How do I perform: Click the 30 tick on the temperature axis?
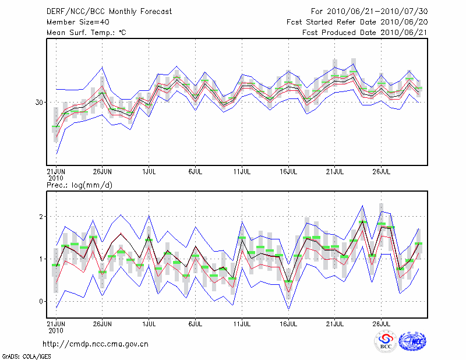click(40, 103)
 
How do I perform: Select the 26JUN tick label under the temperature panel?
click(103, 172)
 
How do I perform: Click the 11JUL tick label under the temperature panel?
click(242, 172)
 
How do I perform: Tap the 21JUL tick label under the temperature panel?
click(335, 172)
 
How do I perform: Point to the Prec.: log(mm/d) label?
click(79, 185)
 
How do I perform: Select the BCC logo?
click(386, 341)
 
